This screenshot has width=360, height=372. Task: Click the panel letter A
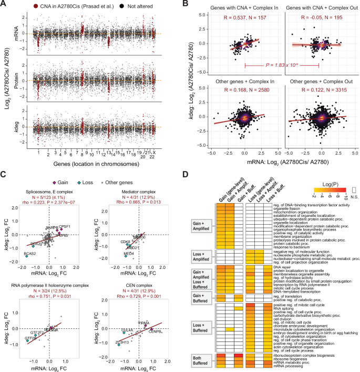click(x=4, y=4)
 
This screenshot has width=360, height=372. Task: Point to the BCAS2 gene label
click(x=29, y=254)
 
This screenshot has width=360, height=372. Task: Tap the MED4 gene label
click(x=128, y=253)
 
